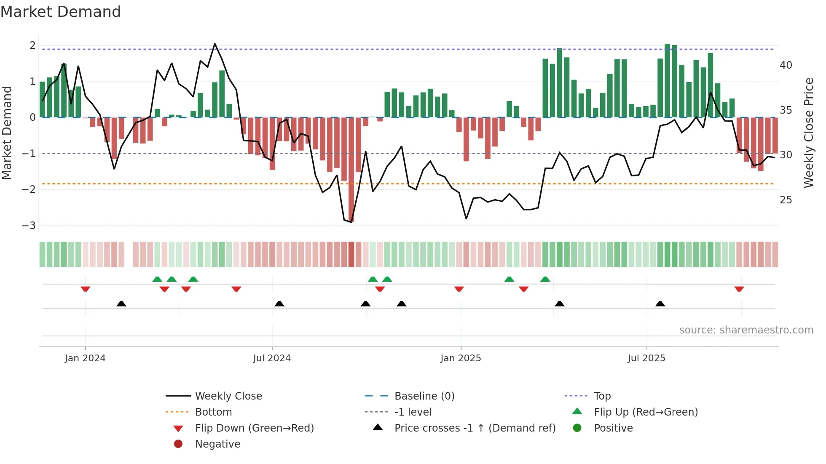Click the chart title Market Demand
61,12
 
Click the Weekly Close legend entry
228,396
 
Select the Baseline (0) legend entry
424,396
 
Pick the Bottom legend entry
213,412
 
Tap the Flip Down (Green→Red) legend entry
254,428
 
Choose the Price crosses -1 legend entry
475,428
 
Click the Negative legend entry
217,444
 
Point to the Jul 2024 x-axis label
272,358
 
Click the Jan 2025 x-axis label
461,358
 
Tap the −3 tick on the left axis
29,225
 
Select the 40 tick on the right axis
786,65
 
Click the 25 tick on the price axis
786,200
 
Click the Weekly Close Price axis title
808,133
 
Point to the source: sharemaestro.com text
746,330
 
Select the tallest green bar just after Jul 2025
667,80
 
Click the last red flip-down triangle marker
739,289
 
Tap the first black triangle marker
121,304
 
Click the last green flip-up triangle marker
545,279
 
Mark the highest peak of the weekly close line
215,44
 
